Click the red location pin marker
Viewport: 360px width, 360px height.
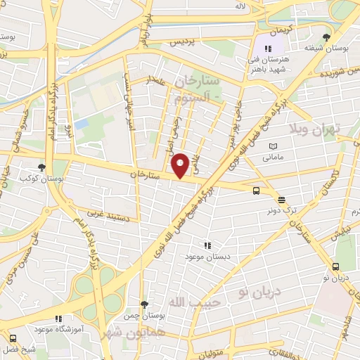[181, 165]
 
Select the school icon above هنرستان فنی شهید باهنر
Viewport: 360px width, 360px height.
[268, 47]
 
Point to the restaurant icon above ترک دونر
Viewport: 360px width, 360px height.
[281, 199]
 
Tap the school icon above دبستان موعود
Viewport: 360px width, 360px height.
[207, 245]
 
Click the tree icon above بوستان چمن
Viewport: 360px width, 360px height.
[144, 304]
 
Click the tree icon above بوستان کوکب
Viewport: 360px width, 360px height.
[42, 167]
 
